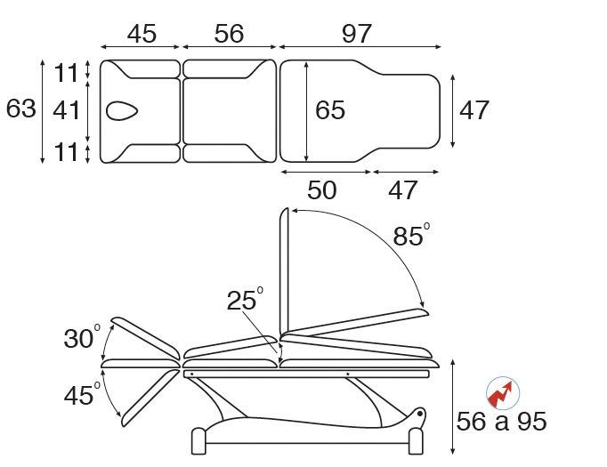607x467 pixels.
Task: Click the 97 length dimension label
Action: coord(356,34)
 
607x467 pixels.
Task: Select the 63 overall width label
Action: coord(20,109)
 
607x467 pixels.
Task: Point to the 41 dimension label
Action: coord(67,110)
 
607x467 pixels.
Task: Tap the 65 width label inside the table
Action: coord(330,110)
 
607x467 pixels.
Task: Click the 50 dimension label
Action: coord(322,189)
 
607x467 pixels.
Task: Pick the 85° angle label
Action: coord(410,236)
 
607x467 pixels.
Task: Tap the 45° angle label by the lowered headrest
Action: coord(83,394)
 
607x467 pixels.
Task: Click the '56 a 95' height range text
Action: coord(500,422)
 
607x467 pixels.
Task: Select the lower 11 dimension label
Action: coord(67,151)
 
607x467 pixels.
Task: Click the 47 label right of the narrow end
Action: coord(474,110)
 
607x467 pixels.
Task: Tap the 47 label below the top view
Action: coord(403,189)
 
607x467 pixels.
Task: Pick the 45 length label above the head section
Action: coord(142,34)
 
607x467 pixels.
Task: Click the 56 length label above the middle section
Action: coord(229,34)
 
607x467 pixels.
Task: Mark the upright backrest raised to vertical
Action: coord(285,271)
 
